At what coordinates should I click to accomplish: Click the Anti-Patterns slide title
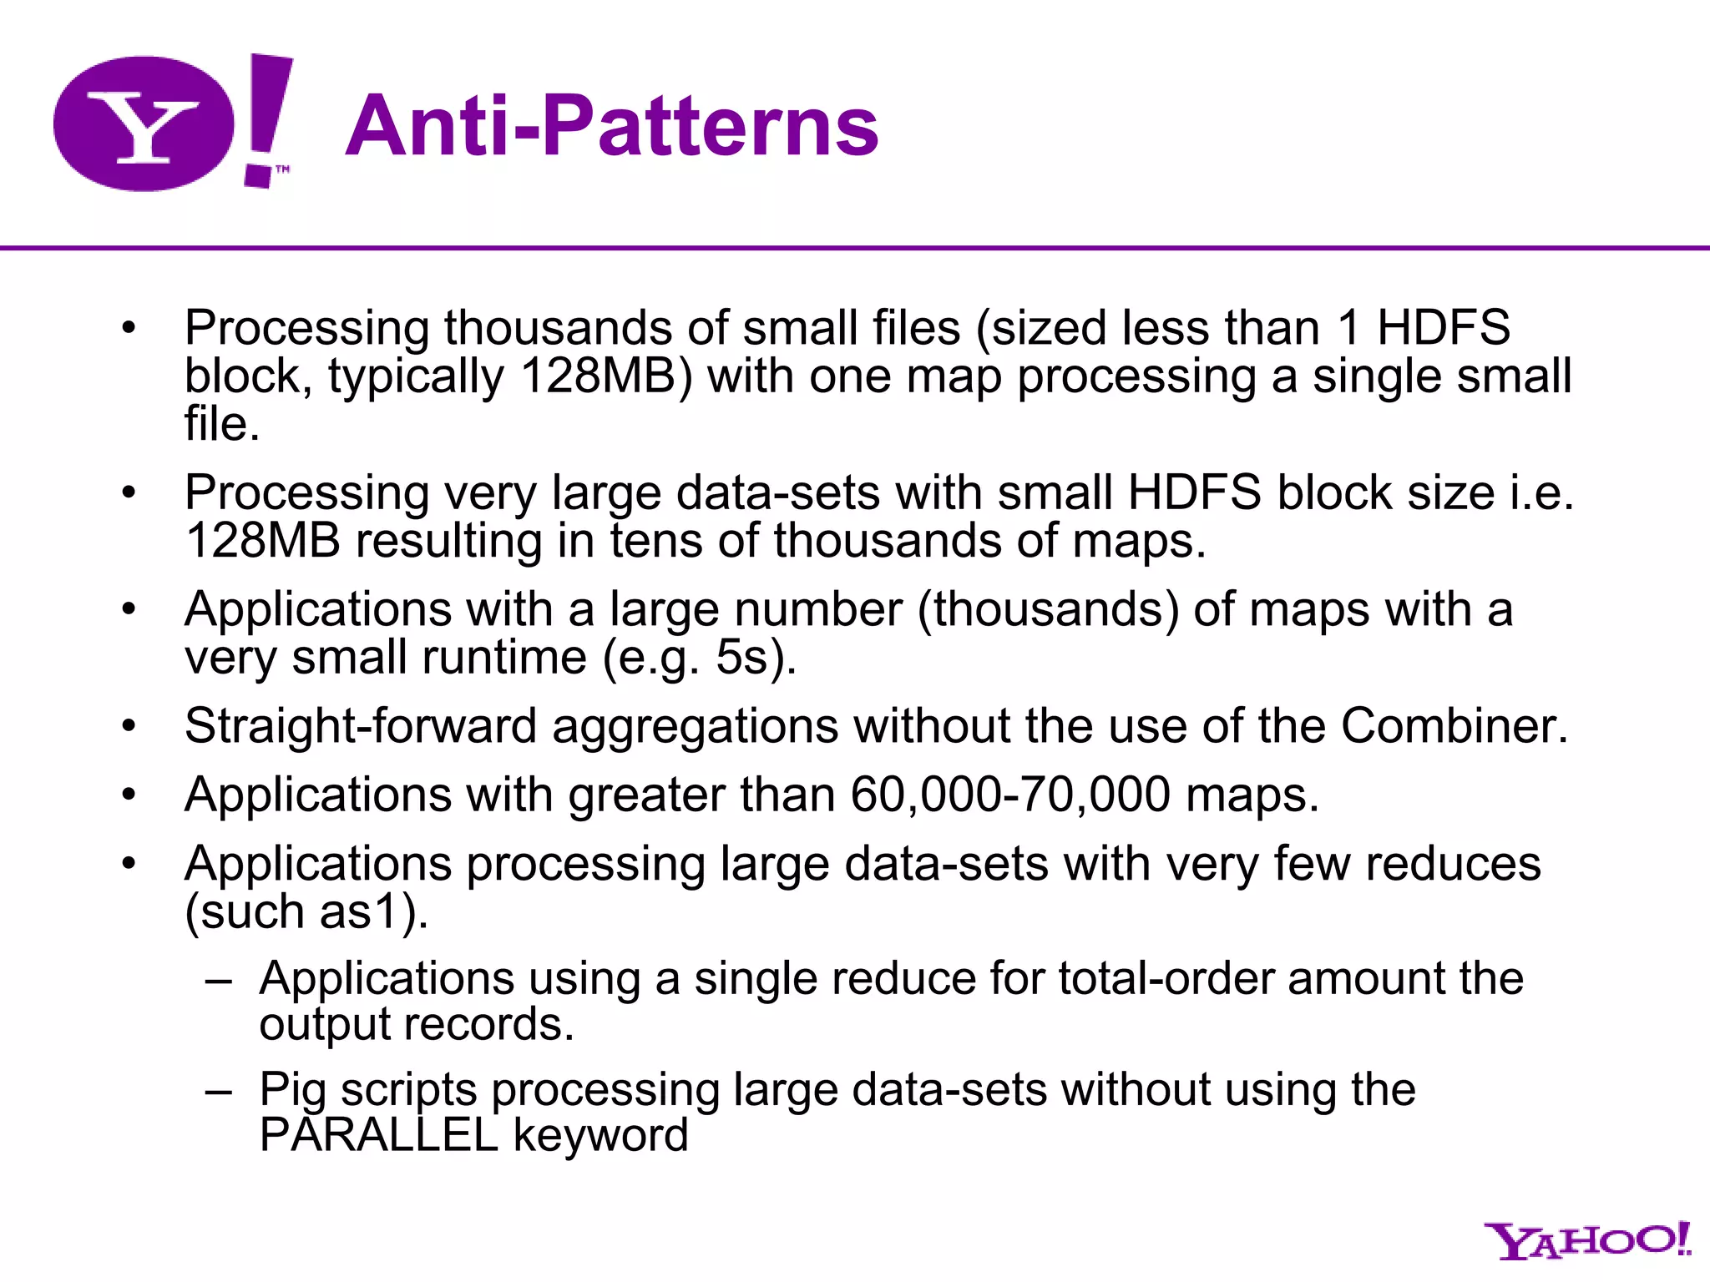click(x=611, y=126)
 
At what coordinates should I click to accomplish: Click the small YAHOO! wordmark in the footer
click(x=1586, y=1241)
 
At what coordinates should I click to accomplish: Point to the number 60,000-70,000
click(x=1009, y=794)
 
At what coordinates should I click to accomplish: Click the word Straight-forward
click(x=360, y=725)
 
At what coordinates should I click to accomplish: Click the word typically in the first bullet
click(x=415, y=376)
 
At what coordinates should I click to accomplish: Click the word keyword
click(x=600, y=1135)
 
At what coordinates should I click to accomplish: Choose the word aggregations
click(x=695, y=725)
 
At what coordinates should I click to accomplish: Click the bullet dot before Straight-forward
click(x=128, y=726)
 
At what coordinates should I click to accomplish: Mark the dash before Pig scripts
click(x=219, y=1090)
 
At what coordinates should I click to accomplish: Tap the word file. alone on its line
click(x=222, y=424)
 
